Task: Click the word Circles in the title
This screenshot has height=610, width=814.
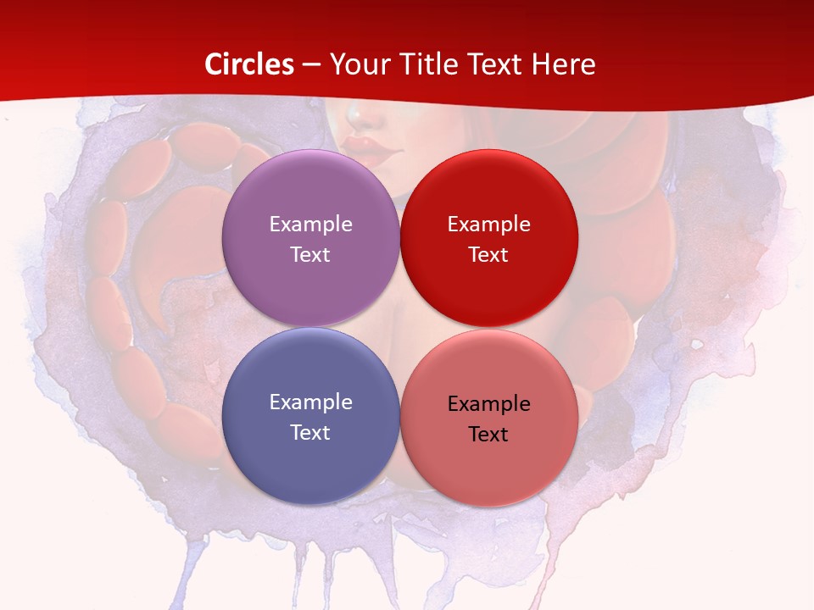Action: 248,64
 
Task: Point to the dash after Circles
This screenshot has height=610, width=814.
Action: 311,65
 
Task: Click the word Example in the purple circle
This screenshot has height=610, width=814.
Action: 310,224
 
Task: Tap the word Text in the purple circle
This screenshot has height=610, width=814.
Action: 310,254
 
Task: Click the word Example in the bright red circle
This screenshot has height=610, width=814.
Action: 488,224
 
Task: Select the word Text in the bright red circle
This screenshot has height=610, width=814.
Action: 488,254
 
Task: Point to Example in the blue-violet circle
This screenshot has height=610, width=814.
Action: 310,402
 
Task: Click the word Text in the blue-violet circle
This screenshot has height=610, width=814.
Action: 310,432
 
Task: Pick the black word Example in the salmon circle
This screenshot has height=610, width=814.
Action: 488,403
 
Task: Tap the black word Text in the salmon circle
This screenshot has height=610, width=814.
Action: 488,434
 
